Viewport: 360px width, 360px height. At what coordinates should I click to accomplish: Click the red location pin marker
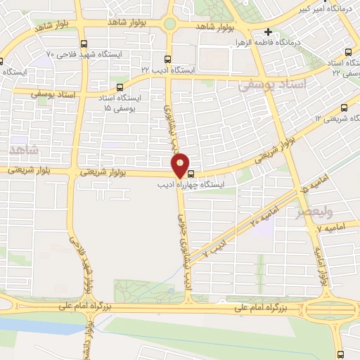[x=181, y=165]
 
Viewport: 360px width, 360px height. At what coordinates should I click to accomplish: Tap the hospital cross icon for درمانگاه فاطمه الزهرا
[x=268, y=32]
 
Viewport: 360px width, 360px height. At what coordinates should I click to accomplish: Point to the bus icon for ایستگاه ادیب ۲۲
[x=167, y=60]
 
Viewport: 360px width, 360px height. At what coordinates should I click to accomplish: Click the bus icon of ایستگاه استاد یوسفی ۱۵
[x=119, y=88]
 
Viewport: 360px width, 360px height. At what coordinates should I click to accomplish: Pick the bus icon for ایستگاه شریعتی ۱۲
[x=343, y=108]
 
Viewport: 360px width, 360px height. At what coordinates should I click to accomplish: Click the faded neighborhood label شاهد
[x=24, y=150]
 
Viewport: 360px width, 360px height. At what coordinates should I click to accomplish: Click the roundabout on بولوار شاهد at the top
[x=169, y=24]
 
